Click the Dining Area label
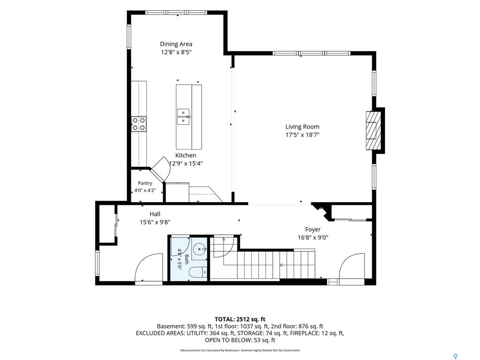coord(176,44)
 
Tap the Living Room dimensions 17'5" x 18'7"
coord(302,135)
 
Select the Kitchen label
coord(186,155)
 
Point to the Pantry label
coord(145,183)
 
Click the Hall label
coord(155,214)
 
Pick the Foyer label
coord(313,229)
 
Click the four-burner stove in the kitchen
coord(139,124)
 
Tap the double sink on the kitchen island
coord(183,117)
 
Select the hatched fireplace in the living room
coord(373,130)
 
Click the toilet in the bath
coord(198,273)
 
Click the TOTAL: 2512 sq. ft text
coord(240,320)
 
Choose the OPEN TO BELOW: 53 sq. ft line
coord(240,340)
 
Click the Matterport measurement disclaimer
coord(240,350)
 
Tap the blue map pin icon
coord(456,356)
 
